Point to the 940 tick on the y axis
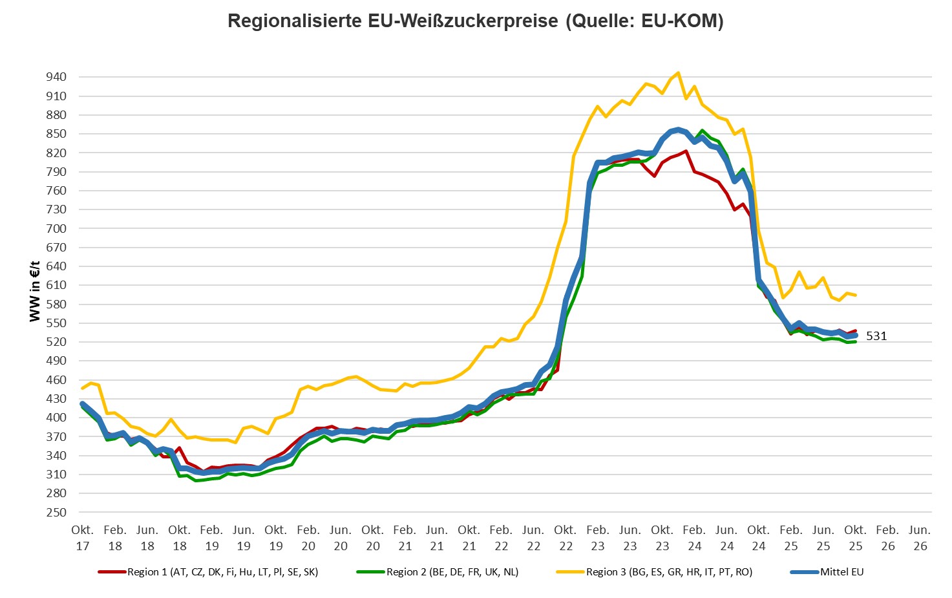[56, 77]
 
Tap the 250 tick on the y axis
[56, 512]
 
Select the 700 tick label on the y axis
[56, 228]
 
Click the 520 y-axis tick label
[56, 342]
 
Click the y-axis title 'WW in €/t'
[35, 291]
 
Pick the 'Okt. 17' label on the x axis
[83, 537]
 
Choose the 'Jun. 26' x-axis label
[920, 537]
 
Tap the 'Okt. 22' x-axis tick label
[566, 537]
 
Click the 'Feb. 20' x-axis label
[308, 537]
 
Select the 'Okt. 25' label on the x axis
[855, 537]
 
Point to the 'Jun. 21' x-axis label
[437, 537]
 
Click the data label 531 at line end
[876, 336]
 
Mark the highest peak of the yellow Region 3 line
[678, 72]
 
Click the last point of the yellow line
[856, 295]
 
